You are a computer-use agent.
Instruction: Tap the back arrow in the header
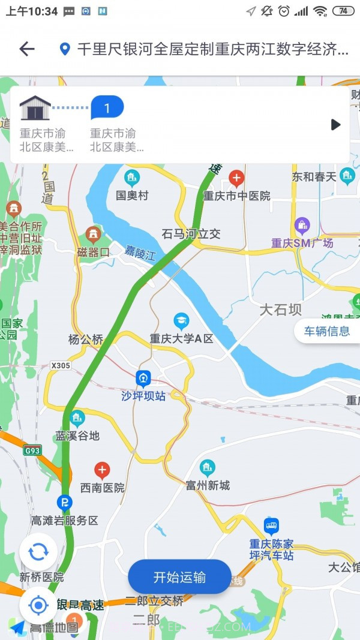pyautogui.click(x=27, y=49)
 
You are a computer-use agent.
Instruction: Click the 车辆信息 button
pyautogui.click(x=326, y=331)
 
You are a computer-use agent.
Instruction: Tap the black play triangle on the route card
pyautogui.click(x=335, y=125)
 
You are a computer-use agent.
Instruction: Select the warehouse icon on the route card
pyautogui.click(x=35, y=108)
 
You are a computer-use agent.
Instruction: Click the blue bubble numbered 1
pyautogui.click(x=107, y=108)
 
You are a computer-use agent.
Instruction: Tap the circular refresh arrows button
pyautogui.click(x=38, y=552)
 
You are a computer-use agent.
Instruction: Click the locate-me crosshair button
pyautogui.click(x=38, y=605)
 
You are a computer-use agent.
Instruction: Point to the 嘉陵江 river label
pyautogui.click(x=140, y=254)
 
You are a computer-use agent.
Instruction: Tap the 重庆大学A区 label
pyautogui.click(x=181, y=338)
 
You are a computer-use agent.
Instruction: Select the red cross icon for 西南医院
pyautogui.click(x=103, y=470)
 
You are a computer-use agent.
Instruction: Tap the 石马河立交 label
pyautogui.click(x=191, y=234)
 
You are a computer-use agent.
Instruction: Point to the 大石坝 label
pyautogui.click(x=281, y=310)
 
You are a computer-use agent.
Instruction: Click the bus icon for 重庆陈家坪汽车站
pyautogui.click(x=271, y=527)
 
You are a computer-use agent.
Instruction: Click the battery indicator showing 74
pyautogui.click(x=343, y=11)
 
